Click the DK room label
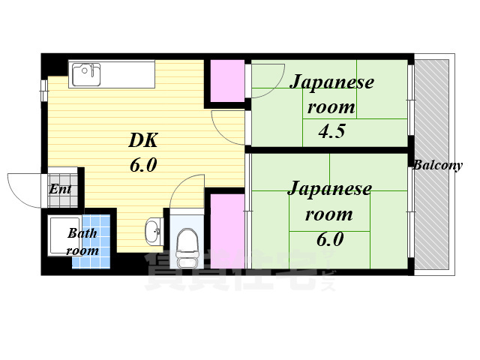point(143,139)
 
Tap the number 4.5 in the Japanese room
point(331,133)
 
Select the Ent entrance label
point(60,189)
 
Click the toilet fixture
point(184,243)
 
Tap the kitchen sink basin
point(85,73)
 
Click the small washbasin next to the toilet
point(153,231)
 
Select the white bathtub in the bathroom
point(59,235)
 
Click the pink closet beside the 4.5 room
point(226,80)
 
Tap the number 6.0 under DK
point(142,165)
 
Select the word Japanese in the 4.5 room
point(331,81)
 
